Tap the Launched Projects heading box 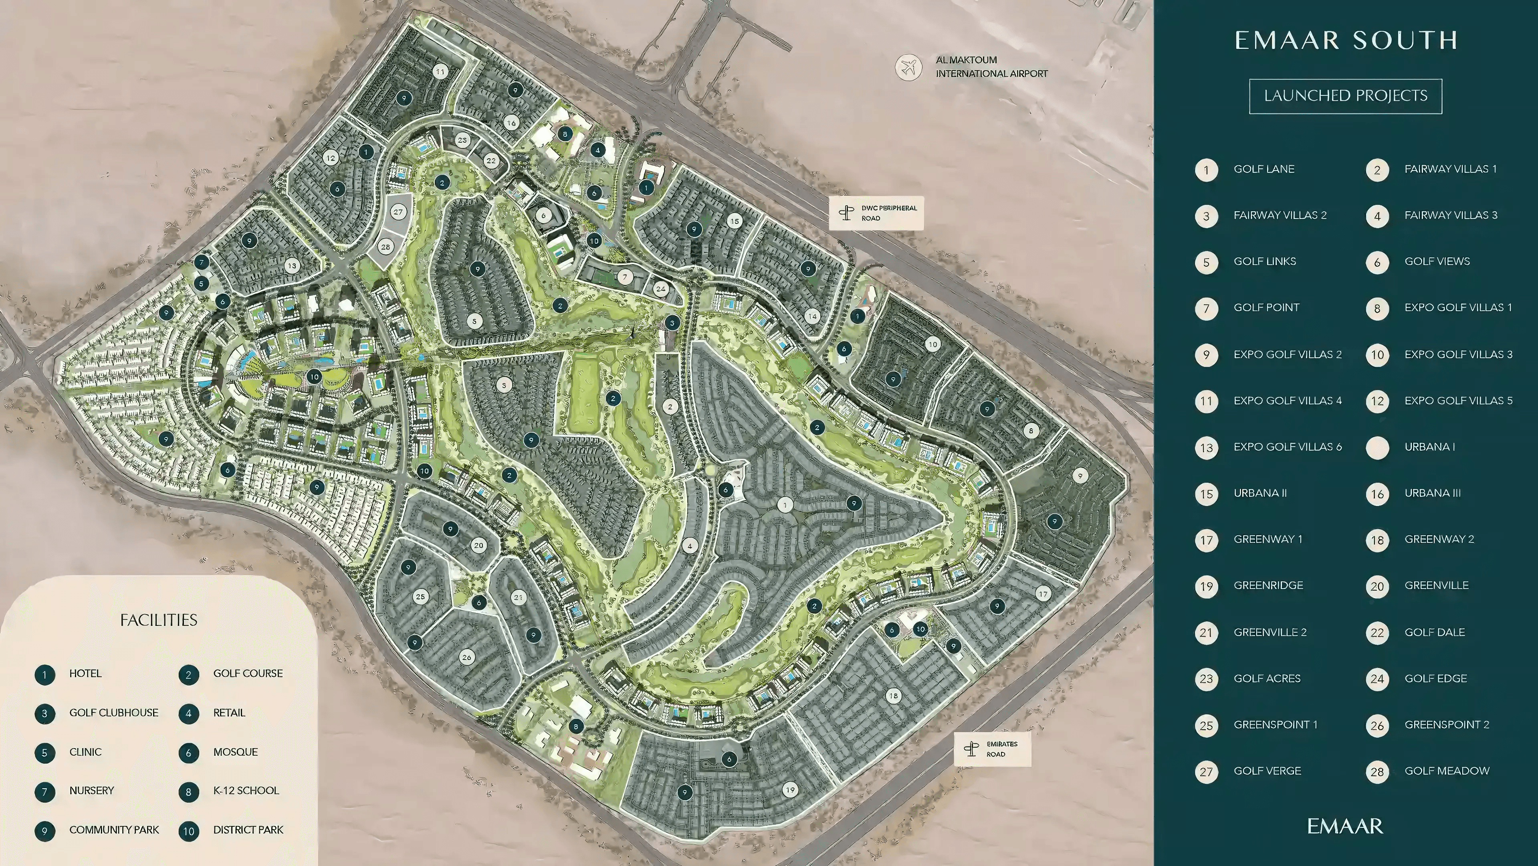[1345, 95]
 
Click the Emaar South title [1346, 40]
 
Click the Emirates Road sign [992, 749]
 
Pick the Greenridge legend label [1268, 585]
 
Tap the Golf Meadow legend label [1447, 771]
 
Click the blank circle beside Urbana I [1377, 448]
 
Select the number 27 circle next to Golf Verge [1206, 772]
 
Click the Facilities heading [159, 620]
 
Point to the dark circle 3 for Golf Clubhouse [45, 714]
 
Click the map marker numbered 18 [893, 696]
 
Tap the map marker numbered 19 [790, 789]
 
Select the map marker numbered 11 [440, 72]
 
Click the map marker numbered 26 [466, 657]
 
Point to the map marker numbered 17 [1042, 594]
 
